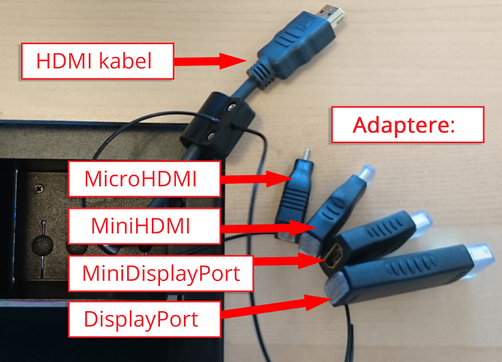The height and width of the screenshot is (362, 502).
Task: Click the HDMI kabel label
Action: [97, 61]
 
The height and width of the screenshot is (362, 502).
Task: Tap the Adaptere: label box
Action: [407, 124]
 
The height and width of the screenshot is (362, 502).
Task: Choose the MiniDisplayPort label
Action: [161, 273]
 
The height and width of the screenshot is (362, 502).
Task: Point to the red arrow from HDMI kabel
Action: [210, 61]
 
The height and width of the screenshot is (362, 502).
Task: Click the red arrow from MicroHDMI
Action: [255, 179]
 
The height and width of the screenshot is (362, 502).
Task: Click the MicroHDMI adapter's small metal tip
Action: [306, 154]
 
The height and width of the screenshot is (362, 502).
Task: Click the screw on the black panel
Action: [40, 186]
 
